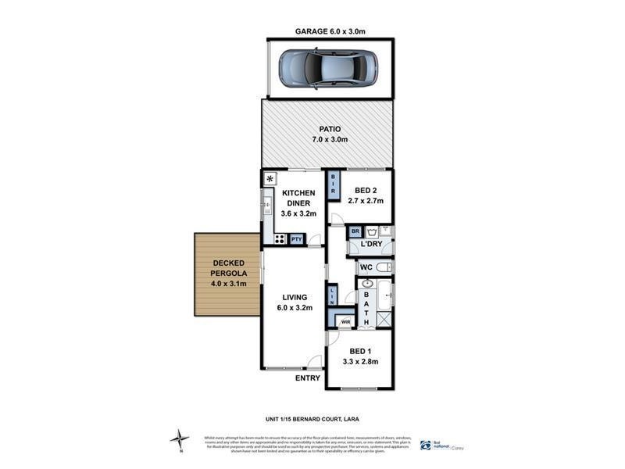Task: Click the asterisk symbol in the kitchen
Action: (x=270, y=178)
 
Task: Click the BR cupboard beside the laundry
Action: (x=354, y=231)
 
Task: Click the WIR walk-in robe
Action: (x=345, y=320)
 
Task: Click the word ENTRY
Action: (x=307, y=379)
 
